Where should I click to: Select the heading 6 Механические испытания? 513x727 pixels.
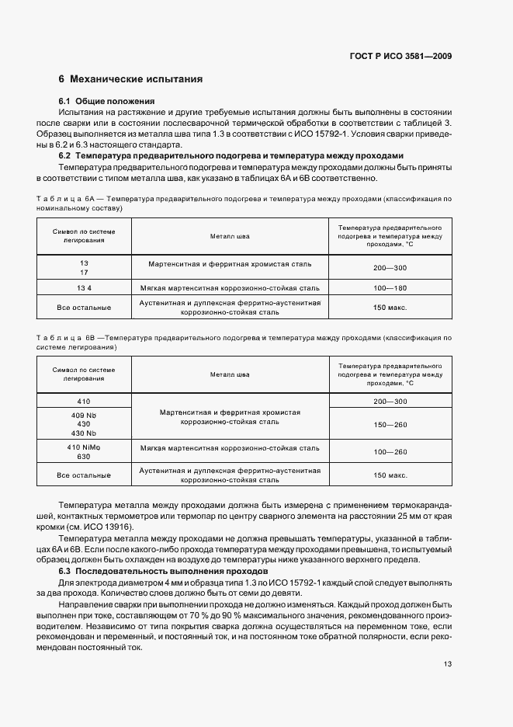point(131,79)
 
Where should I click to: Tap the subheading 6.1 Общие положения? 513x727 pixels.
point(107,102)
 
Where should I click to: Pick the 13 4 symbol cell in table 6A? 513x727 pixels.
point(84,287)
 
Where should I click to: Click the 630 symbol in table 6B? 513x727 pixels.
point(84,457)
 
